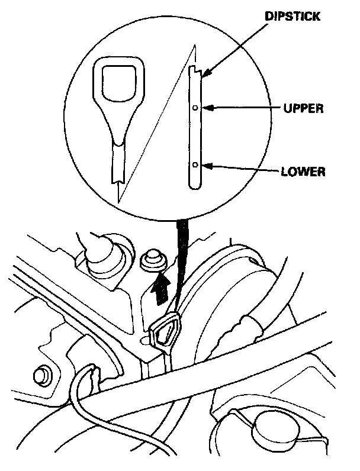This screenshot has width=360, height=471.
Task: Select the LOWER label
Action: click(303, 173)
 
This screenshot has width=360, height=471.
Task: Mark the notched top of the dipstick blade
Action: click(196, 71)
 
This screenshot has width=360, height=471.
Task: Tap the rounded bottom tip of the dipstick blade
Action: click(195, 186)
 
